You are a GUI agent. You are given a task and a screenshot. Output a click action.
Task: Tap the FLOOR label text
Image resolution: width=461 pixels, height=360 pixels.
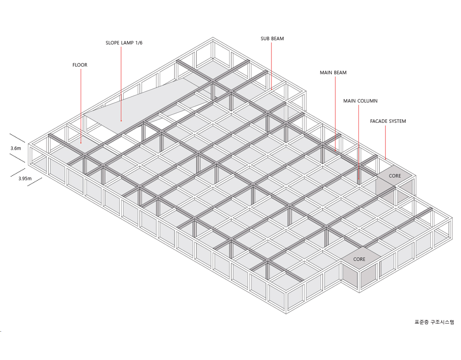(80, 65)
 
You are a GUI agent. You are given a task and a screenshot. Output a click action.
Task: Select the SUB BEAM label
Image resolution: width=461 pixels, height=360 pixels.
(272, 39)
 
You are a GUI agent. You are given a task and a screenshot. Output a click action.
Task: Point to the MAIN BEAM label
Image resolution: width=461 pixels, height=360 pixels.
(333, 72)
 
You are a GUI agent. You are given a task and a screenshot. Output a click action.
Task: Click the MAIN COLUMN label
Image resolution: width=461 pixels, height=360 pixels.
(360, 101)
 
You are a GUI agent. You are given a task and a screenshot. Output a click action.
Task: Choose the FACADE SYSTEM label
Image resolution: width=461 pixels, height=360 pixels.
(388, 121)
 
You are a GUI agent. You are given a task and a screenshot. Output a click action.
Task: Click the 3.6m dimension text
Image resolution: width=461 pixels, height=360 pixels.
(16, 148)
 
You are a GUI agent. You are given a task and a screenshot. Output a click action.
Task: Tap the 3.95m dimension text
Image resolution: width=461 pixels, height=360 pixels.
(25, 179)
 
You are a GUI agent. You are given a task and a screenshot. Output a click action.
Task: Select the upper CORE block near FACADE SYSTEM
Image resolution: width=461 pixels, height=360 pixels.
(395, 175)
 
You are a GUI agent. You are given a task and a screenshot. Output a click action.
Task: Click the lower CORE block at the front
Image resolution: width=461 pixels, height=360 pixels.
(359, 259)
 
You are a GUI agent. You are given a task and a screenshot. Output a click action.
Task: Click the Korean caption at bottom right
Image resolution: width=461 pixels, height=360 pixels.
(434, 322)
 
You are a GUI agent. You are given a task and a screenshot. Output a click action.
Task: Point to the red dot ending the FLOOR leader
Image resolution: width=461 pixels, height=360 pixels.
(81, 143)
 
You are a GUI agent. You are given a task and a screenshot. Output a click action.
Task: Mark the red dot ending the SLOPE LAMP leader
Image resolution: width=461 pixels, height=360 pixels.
(122, 121)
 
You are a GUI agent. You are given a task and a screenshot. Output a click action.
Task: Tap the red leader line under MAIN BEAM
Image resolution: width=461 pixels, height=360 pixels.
(334, 112)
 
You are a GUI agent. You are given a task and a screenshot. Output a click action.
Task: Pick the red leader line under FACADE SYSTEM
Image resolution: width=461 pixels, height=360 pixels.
(386, 142)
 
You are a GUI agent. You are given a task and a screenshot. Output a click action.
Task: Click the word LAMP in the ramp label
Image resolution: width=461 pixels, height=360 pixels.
(127, 43)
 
